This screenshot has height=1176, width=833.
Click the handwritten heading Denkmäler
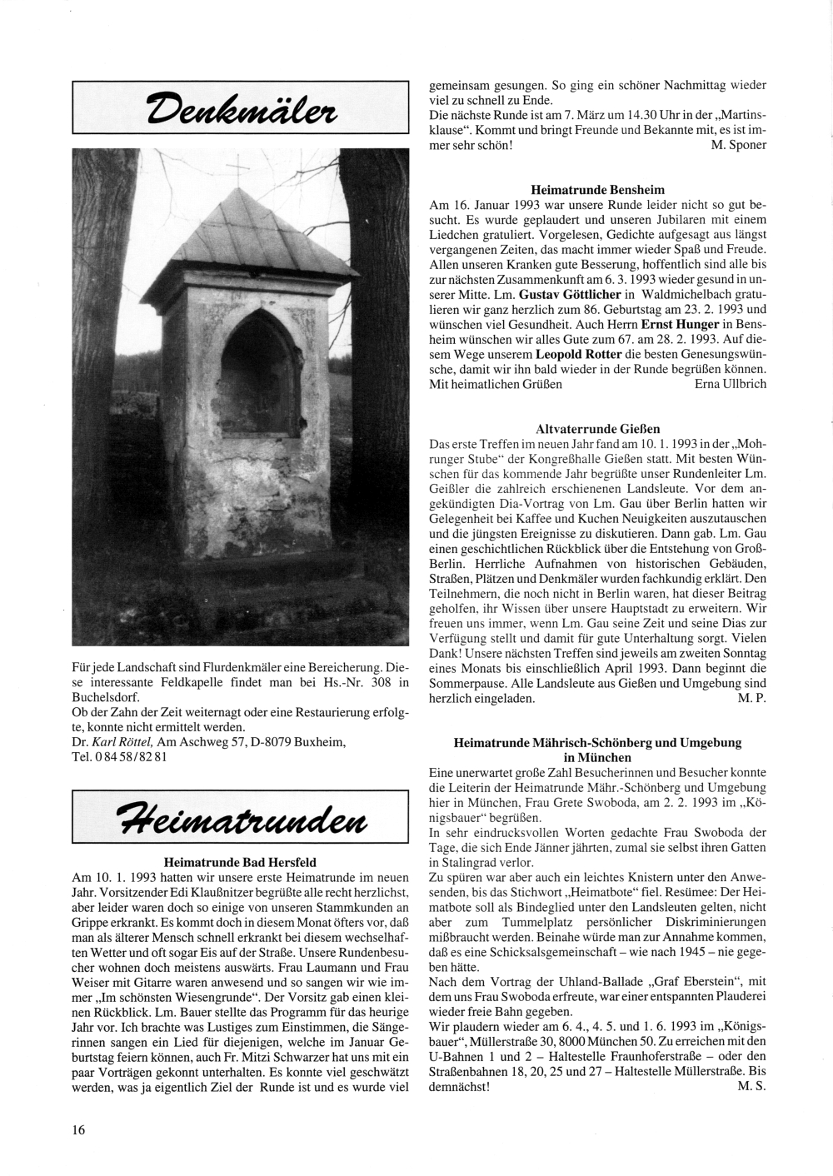240,107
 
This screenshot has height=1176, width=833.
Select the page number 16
78,1129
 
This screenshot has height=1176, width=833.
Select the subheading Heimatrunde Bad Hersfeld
240,861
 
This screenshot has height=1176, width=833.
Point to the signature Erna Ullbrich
730,384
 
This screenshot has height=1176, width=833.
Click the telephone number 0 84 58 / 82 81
132,757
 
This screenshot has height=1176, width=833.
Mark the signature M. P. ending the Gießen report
751,699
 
